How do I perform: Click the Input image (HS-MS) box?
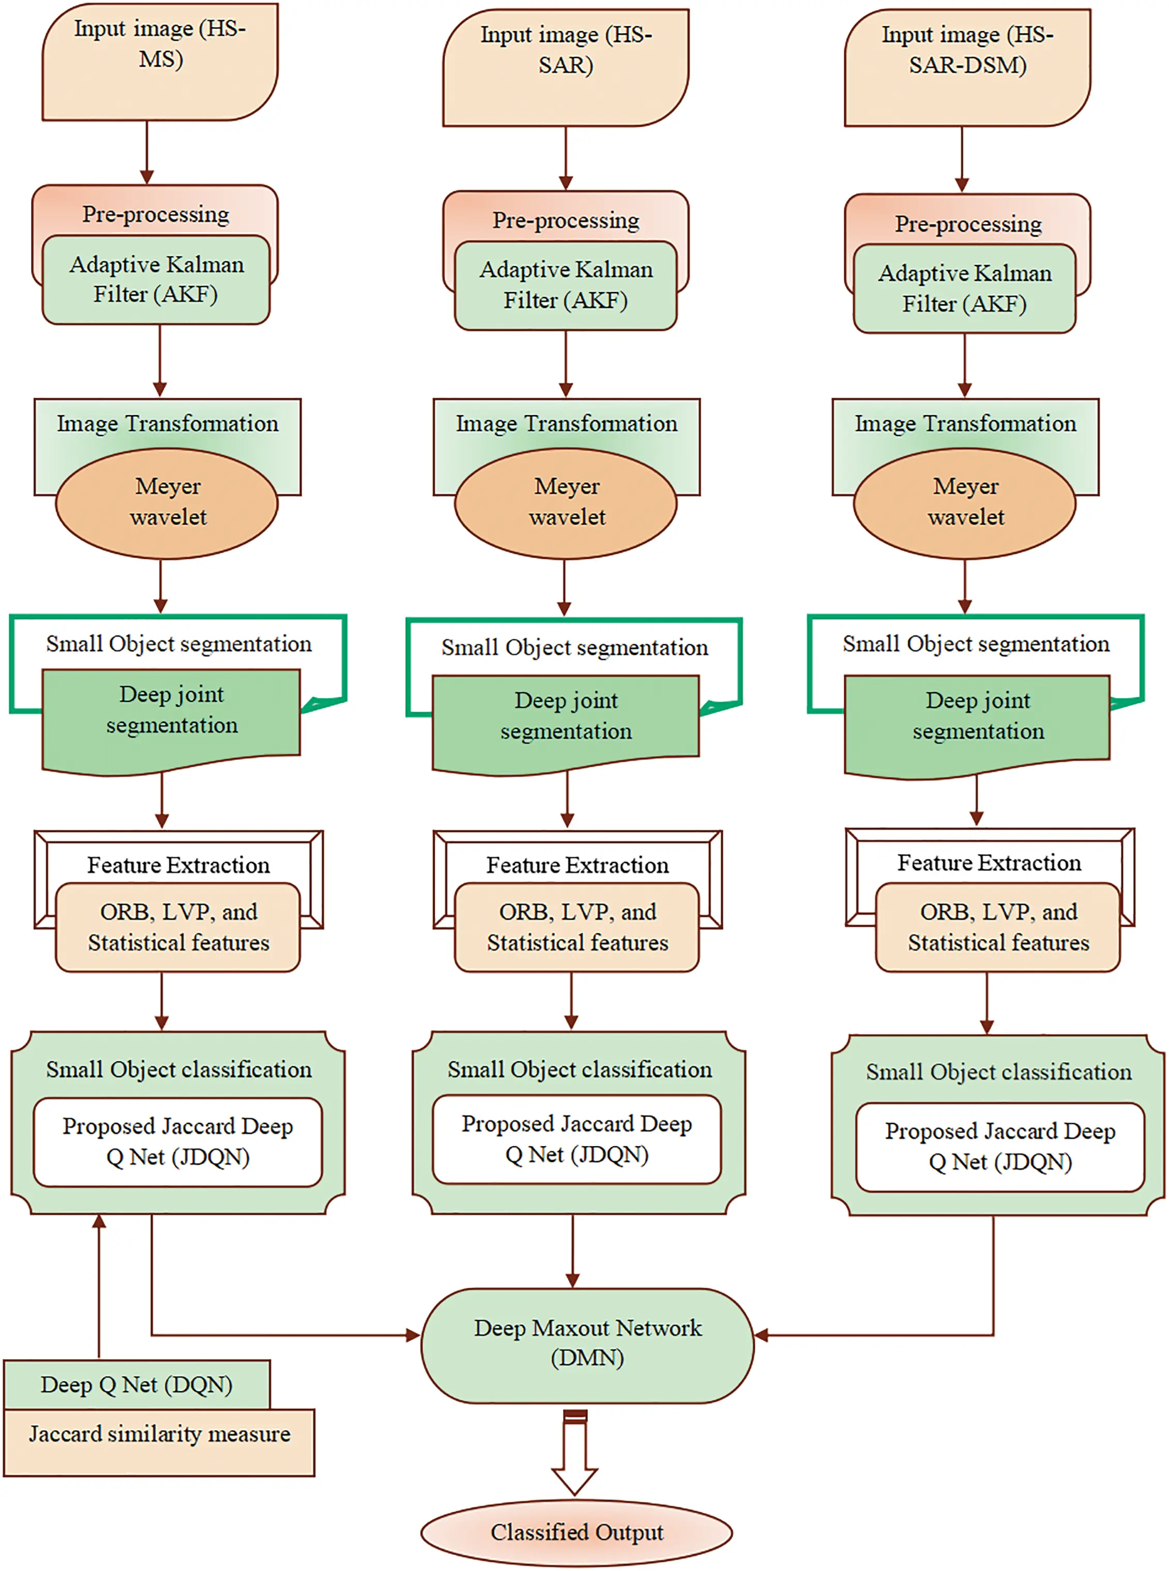160,62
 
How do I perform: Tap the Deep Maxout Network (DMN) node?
587,1345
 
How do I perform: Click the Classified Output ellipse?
576,1533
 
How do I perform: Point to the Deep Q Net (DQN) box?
136,1385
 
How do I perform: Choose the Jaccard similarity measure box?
159,1443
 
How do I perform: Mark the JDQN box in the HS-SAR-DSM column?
999,1147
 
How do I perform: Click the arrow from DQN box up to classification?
99,1287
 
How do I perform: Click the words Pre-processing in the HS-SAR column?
566,221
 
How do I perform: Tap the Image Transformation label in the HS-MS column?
168,424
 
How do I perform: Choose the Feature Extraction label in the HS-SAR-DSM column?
989,863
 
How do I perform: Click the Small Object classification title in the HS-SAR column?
580,1070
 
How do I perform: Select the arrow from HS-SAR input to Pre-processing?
566,159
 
